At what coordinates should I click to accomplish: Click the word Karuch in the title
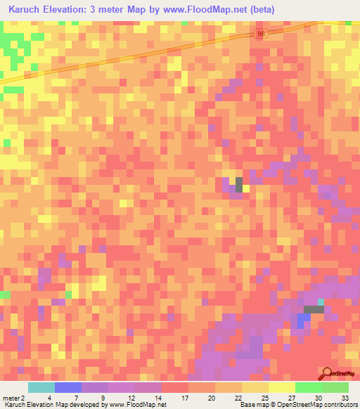pos(25,10)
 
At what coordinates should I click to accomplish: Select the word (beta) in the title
pos(261,10)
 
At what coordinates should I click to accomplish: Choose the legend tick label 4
pos(49,397)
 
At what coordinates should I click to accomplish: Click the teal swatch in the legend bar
pos(41,387)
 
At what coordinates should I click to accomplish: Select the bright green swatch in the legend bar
pos(309,387)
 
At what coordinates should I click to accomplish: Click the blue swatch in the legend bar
pos(68,387)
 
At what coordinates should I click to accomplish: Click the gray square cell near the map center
pos(239,184)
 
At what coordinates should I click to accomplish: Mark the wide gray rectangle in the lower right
pos(313,310)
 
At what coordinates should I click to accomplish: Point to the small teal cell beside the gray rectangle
pos(321,302)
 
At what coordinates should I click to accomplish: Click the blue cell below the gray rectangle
pos(304,320)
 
